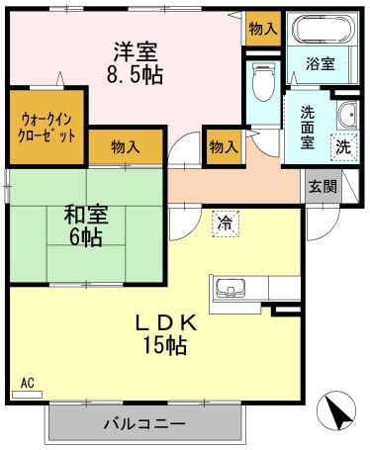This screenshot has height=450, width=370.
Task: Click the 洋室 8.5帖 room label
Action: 135,63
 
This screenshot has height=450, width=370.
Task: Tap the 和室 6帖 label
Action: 86,225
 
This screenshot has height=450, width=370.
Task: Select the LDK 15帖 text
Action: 165,334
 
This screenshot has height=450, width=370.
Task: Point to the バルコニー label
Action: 144,423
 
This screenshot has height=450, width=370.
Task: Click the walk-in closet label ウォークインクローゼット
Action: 46,128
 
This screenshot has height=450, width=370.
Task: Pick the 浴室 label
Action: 321,63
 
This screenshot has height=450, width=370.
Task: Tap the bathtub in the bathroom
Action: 325,28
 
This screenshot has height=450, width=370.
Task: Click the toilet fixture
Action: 263,81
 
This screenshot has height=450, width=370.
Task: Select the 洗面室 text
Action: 307,128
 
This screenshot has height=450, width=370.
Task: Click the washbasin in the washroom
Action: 347,115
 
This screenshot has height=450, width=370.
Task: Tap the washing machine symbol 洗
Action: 343,146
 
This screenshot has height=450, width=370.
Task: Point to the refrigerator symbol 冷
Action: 226,225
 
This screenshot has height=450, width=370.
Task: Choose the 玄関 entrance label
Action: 323,187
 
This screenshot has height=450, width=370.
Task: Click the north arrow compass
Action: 336,411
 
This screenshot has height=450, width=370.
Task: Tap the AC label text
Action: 28,383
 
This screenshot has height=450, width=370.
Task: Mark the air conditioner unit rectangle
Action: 27,395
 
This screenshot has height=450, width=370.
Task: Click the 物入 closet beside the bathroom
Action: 263,29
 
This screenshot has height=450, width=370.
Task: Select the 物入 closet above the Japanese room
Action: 126,146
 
